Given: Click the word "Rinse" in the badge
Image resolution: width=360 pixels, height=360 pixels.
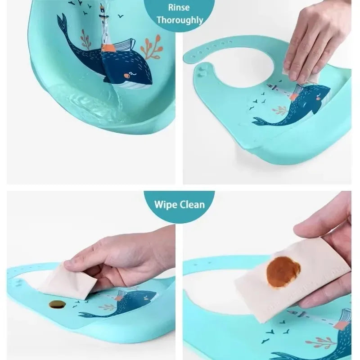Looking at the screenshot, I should click(180, 7).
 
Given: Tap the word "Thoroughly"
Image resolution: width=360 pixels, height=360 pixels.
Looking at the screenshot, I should click(180, 20).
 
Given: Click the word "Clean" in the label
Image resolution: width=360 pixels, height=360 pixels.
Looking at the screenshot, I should click(192, 205).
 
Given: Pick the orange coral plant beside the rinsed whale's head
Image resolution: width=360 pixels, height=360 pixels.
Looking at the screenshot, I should click(150, 47).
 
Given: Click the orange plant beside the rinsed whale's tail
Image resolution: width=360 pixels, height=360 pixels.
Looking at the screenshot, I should click(85, 39).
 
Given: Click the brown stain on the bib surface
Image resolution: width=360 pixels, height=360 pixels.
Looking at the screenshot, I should click(57, 304).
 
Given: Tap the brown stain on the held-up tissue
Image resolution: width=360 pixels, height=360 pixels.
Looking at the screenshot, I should click(283, 271).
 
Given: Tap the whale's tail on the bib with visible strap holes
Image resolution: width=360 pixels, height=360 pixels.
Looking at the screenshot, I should click(261, 121).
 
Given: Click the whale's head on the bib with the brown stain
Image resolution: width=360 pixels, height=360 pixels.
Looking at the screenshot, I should click(144, 297).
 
